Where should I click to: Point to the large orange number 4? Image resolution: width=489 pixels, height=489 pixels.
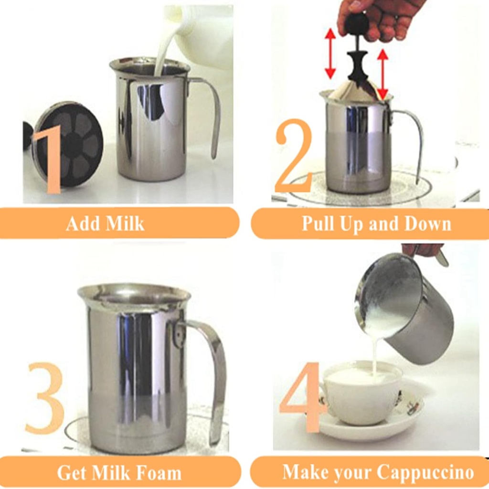point(299,396)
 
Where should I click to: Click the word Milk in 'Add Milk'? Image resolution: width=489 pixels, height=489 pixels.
point(125,223)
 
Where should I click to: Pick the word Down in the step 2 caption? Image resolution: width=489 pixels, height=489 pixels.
point(427,223)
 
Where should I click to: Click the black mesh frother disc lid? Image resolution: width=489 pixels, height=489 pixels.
point(69,143)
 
